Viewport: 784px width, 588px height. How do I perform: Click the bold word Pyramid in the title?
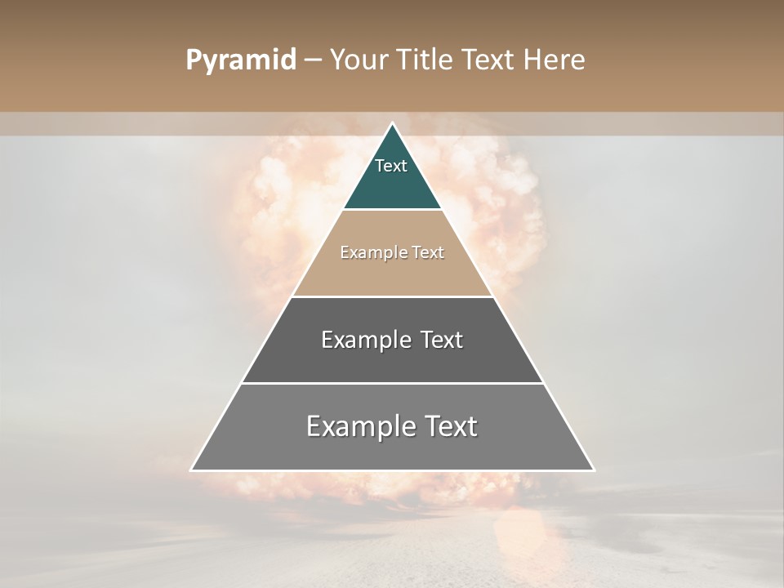point(240,60)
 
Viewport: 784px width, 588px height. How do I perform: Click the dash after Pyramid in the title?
point(313,60)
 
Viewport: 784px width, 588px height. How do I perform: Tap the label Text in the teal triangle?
point(391,166)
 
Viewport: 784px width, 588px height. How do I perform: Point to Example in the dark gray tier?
point(365,340)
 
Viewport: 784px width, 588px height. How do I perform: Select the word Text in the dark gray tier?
point(440,340)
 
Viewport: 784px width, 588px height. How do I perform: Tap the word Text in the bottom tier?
point(451,426)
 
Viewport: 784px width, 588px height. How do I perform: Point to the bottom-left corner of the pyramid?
point(192,470)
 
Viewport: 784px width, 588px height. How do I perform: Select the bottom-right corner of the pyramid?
point(593,470)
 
